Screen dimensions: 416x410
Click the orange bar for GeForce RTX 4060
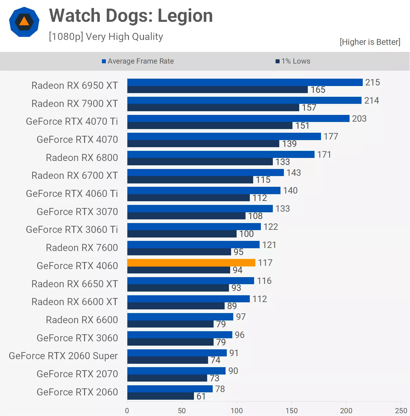tap(191, 263)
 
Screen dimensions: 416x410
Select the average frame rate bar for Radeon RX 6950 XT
tap(245, 82)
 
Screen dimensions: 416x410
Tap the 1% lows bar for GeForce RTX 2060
tap(161, 396)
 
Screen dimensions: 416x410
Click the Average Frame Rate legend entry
tap(138, 61)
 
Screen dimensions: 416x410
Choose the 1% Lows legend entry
tap(293, 61)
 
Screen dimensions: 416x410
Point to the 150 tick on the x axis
tap(291, 410)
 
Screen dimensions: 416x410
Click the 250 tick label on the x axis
tap(401, 410)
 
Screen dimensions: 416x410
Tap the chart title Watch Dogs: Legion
tap(131, 16)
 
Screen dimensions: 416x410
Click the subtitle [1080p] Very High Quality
tap(106, 37)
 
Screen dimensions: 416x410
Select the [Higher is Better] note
tap(370, 42)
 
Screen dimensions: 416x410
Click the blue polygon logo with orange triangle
tap(24, 22)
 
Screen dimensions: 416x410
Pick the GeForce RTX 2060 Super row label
tap(63, 356)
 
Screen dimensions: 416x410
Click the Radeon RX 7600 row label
tap(82, 248)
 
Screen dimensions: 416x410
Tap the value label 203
tap(359, 119)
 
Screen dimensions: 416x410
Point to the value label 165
tap(318, 90)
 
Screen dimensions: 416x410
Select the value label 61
tap(201, 396)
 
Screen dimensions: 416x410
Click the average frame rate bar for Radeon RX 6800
tap(221, 154)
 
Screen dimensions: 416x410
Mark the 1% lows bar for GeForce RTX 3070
tap(186, 216)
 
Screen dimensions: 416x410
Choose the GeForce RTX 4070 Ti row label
tap(72, 121)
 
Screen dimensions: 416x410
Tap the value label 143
tap(294, 173)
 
